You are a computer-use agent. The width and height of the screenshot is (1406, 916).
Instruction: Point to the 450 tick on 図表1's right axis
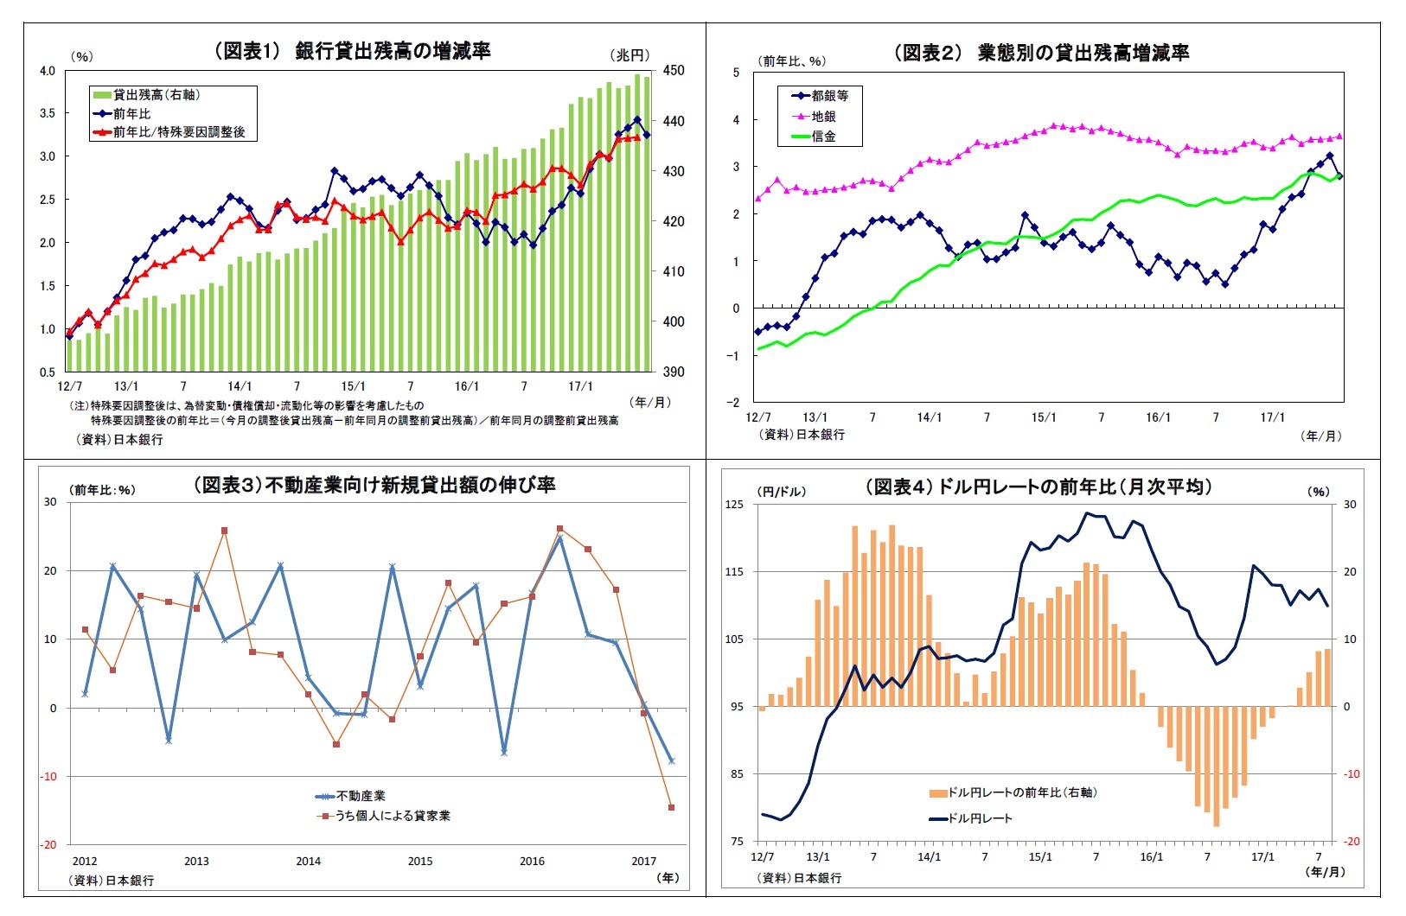(673, 71)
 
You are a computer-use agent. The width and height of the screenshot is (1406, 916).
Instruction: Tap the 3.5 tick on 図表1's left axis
(47, 113)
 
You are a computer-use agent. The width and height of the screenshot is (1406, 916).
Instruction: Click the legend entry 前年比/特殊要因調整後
(178, 132)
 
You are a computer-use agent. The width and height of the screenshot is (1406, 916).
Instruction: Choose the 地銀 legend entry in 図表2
(822, 116)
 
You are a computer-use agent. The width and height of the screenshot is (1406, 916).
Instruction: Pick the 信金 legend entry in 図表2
(822, 136)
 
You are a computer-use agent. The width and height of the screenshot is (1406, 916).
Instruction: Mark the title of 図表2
(1041, 53)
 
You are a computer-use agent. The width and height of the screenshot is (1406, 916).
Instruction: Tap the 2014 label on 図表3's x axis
(308, 861)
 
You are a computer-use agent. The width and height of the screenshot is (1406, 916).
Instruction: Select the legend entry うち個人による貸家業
(392, 815)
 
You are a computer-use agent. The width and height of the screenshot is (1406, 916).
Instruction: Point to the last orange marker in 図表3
(671, 808)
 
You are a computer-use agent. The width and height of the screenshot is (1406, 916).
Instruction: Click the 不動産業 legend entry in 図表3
(360, 796)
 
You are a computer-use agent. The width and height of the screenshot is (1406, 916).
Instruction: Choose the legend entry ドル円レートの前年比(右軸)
(1020, 792)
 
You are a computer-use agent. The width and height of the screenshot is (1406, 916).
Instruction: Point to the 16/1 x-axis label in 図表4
(1151, 857)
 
